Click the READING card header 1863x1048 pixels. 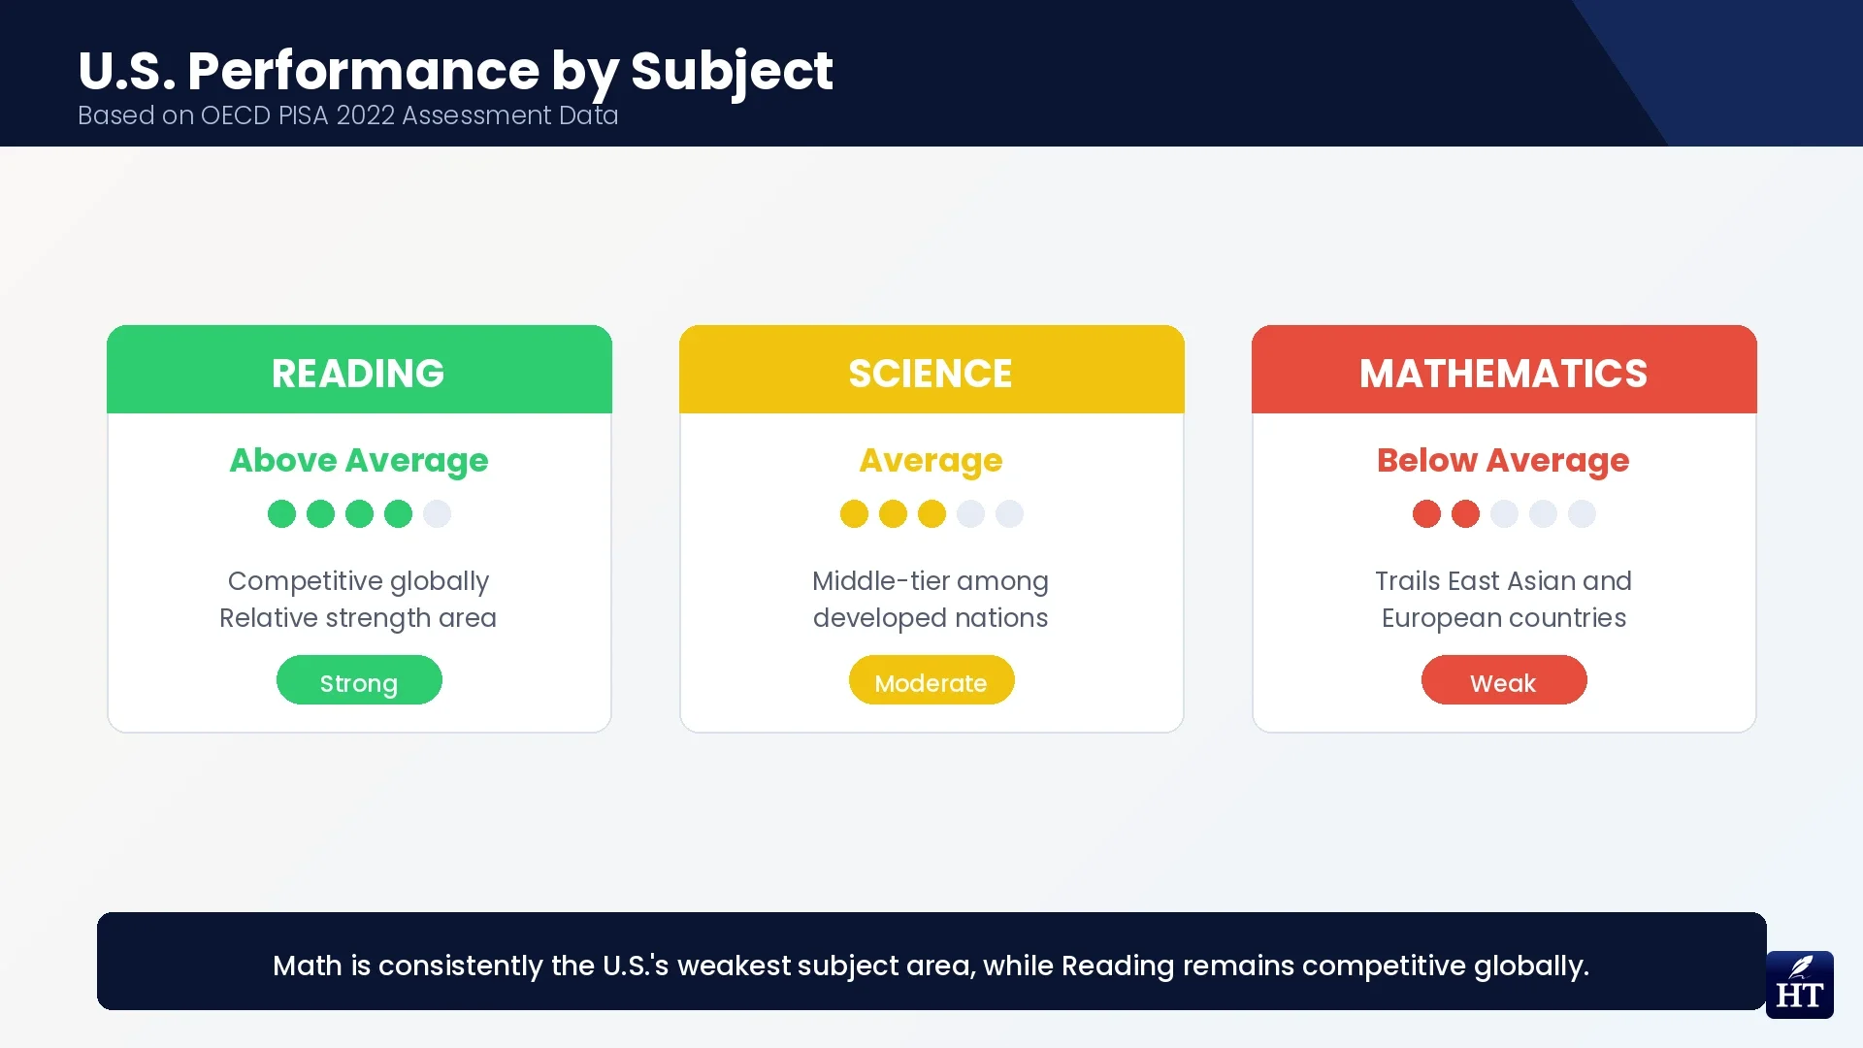click(359, 373)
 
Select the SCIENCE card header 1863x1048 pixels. click(931, 373)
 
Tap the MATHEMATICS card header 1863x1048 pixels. click(1504, 373)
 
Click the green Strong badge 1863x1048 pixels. click(359, 681)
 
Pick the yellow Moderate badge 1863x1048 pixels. click(931, 681)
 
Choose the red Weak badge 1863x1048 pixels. click(1504, 681)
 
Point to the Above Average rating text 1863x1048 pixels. click(359, 460)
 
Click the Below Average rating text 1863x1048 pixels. click(1503, 460)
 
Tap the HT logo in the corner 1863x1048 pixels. click(1799, 985)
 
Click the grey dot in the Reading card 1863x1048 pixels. click(437, 513)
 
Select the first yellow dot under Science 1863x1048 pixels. click(854, 513)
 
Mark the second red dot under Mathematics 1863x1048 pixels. click(1465, 513)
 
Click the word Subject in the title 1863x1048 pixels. click(732, 72)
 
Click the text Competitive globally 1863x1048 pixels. click(359, 581)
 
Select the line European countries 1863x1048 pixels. click(1504, 618)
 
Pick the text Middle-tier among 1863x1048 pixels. click(931, 581)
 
